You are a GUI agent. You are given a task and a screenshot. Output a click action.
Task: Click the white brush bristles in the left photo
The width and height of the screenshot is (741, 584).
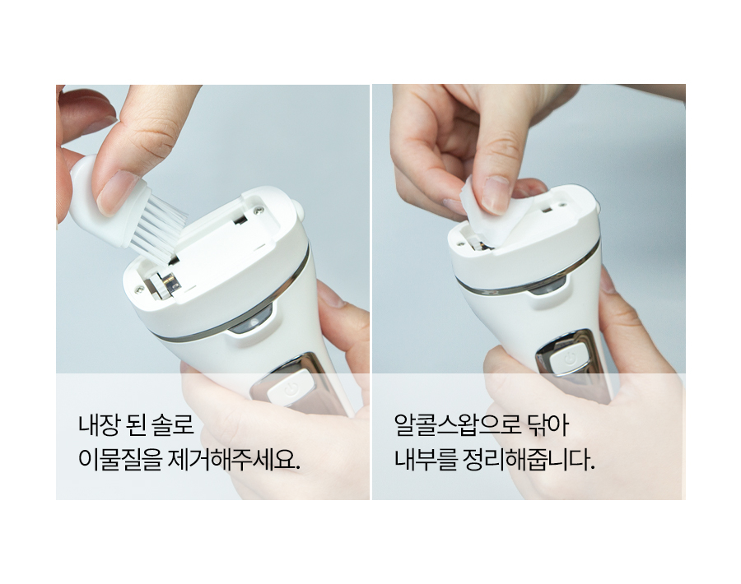tap(158, 227)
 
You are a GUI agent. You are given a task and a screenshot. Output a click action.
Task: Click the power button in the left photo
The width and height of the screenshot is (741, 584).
tap(291, 387)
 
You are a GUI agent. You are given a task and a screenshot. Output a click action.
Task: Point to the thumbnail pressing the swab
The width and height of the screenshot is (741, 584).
tap(496, 194)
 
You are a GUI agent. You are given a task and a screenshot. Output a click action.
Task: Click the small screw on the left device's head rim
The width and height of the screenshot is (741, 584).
tap(138, 290)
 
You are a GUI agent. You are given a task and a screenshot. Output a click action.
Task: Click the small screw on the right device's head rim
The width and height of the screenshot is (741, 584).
tap(459, 244)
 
